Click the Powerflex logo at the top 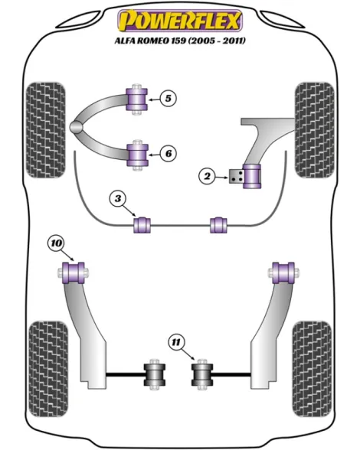tap(180, 21)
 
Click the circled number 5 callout tap(168, 99)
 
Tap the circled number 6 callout tap(168, 154)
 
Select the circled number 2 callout tap(207, 176)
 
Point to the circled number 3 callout tap(118, 198)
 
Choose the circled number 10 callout tap(57, 243)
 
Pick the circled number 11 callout tap(176, 342)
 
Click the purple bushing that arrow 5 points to tap(137, 99)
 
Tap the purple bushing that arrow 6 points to tap(138, 155)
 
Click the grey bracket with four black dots tap(237, 176)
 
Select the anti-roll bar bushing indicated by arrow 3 tap(142, 225)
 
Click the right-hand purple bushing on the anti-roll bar tap(218, 225)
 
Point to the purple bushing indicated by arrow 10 tap(74, 272)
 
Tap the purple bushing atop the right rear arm tap(283, 272)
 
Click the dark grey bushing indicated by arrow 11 tap(202, 374)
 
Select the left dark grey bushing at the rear tap(154, 374)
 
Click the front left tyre tap(45, 130)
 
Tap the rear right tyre tap(312, 369)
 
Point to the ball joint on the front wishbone tap(76, 126)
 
